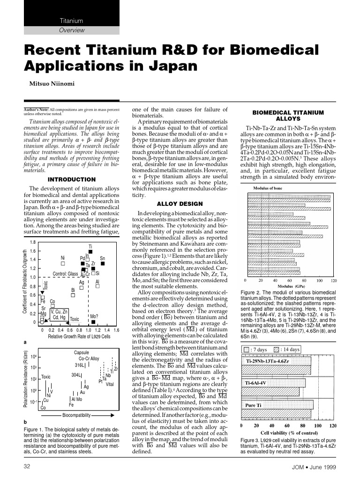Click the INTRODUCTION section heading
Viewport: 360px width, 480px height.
[72, 180]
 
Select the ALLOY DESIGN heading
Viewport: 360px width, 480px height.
[180, 204]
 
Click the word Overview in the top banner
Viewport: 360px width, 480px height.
[72, 30]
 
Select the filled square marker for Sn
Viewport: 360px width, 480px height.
[102, 264]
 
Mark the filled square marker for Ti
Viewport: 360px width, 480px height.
[90, 253]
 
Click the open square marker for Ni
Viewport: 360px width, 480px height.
[63, 264]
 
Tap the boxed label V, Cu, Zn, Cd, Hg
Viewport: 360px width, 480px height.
[60, 314]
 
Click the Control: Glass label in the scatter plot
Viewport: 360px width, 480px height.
[65, 274]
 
